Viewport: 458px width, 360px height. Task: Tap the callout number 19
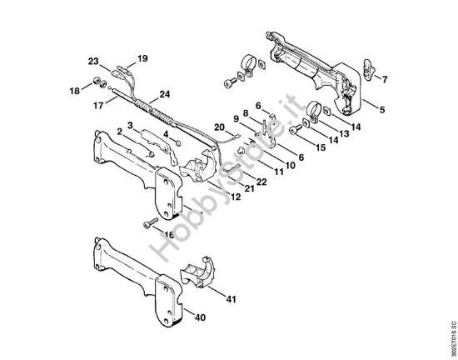142,57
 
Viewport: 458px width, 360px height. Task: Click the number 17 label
97,106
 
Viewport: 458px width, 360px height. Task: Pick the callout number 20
219,127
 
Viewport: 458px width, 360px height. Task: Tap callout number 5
382,108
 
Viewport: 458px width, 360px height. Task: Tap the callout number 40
199,317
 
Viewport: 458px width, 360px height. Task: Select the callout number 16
170,235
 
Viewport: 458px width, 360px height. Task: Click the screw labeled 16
150,221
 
